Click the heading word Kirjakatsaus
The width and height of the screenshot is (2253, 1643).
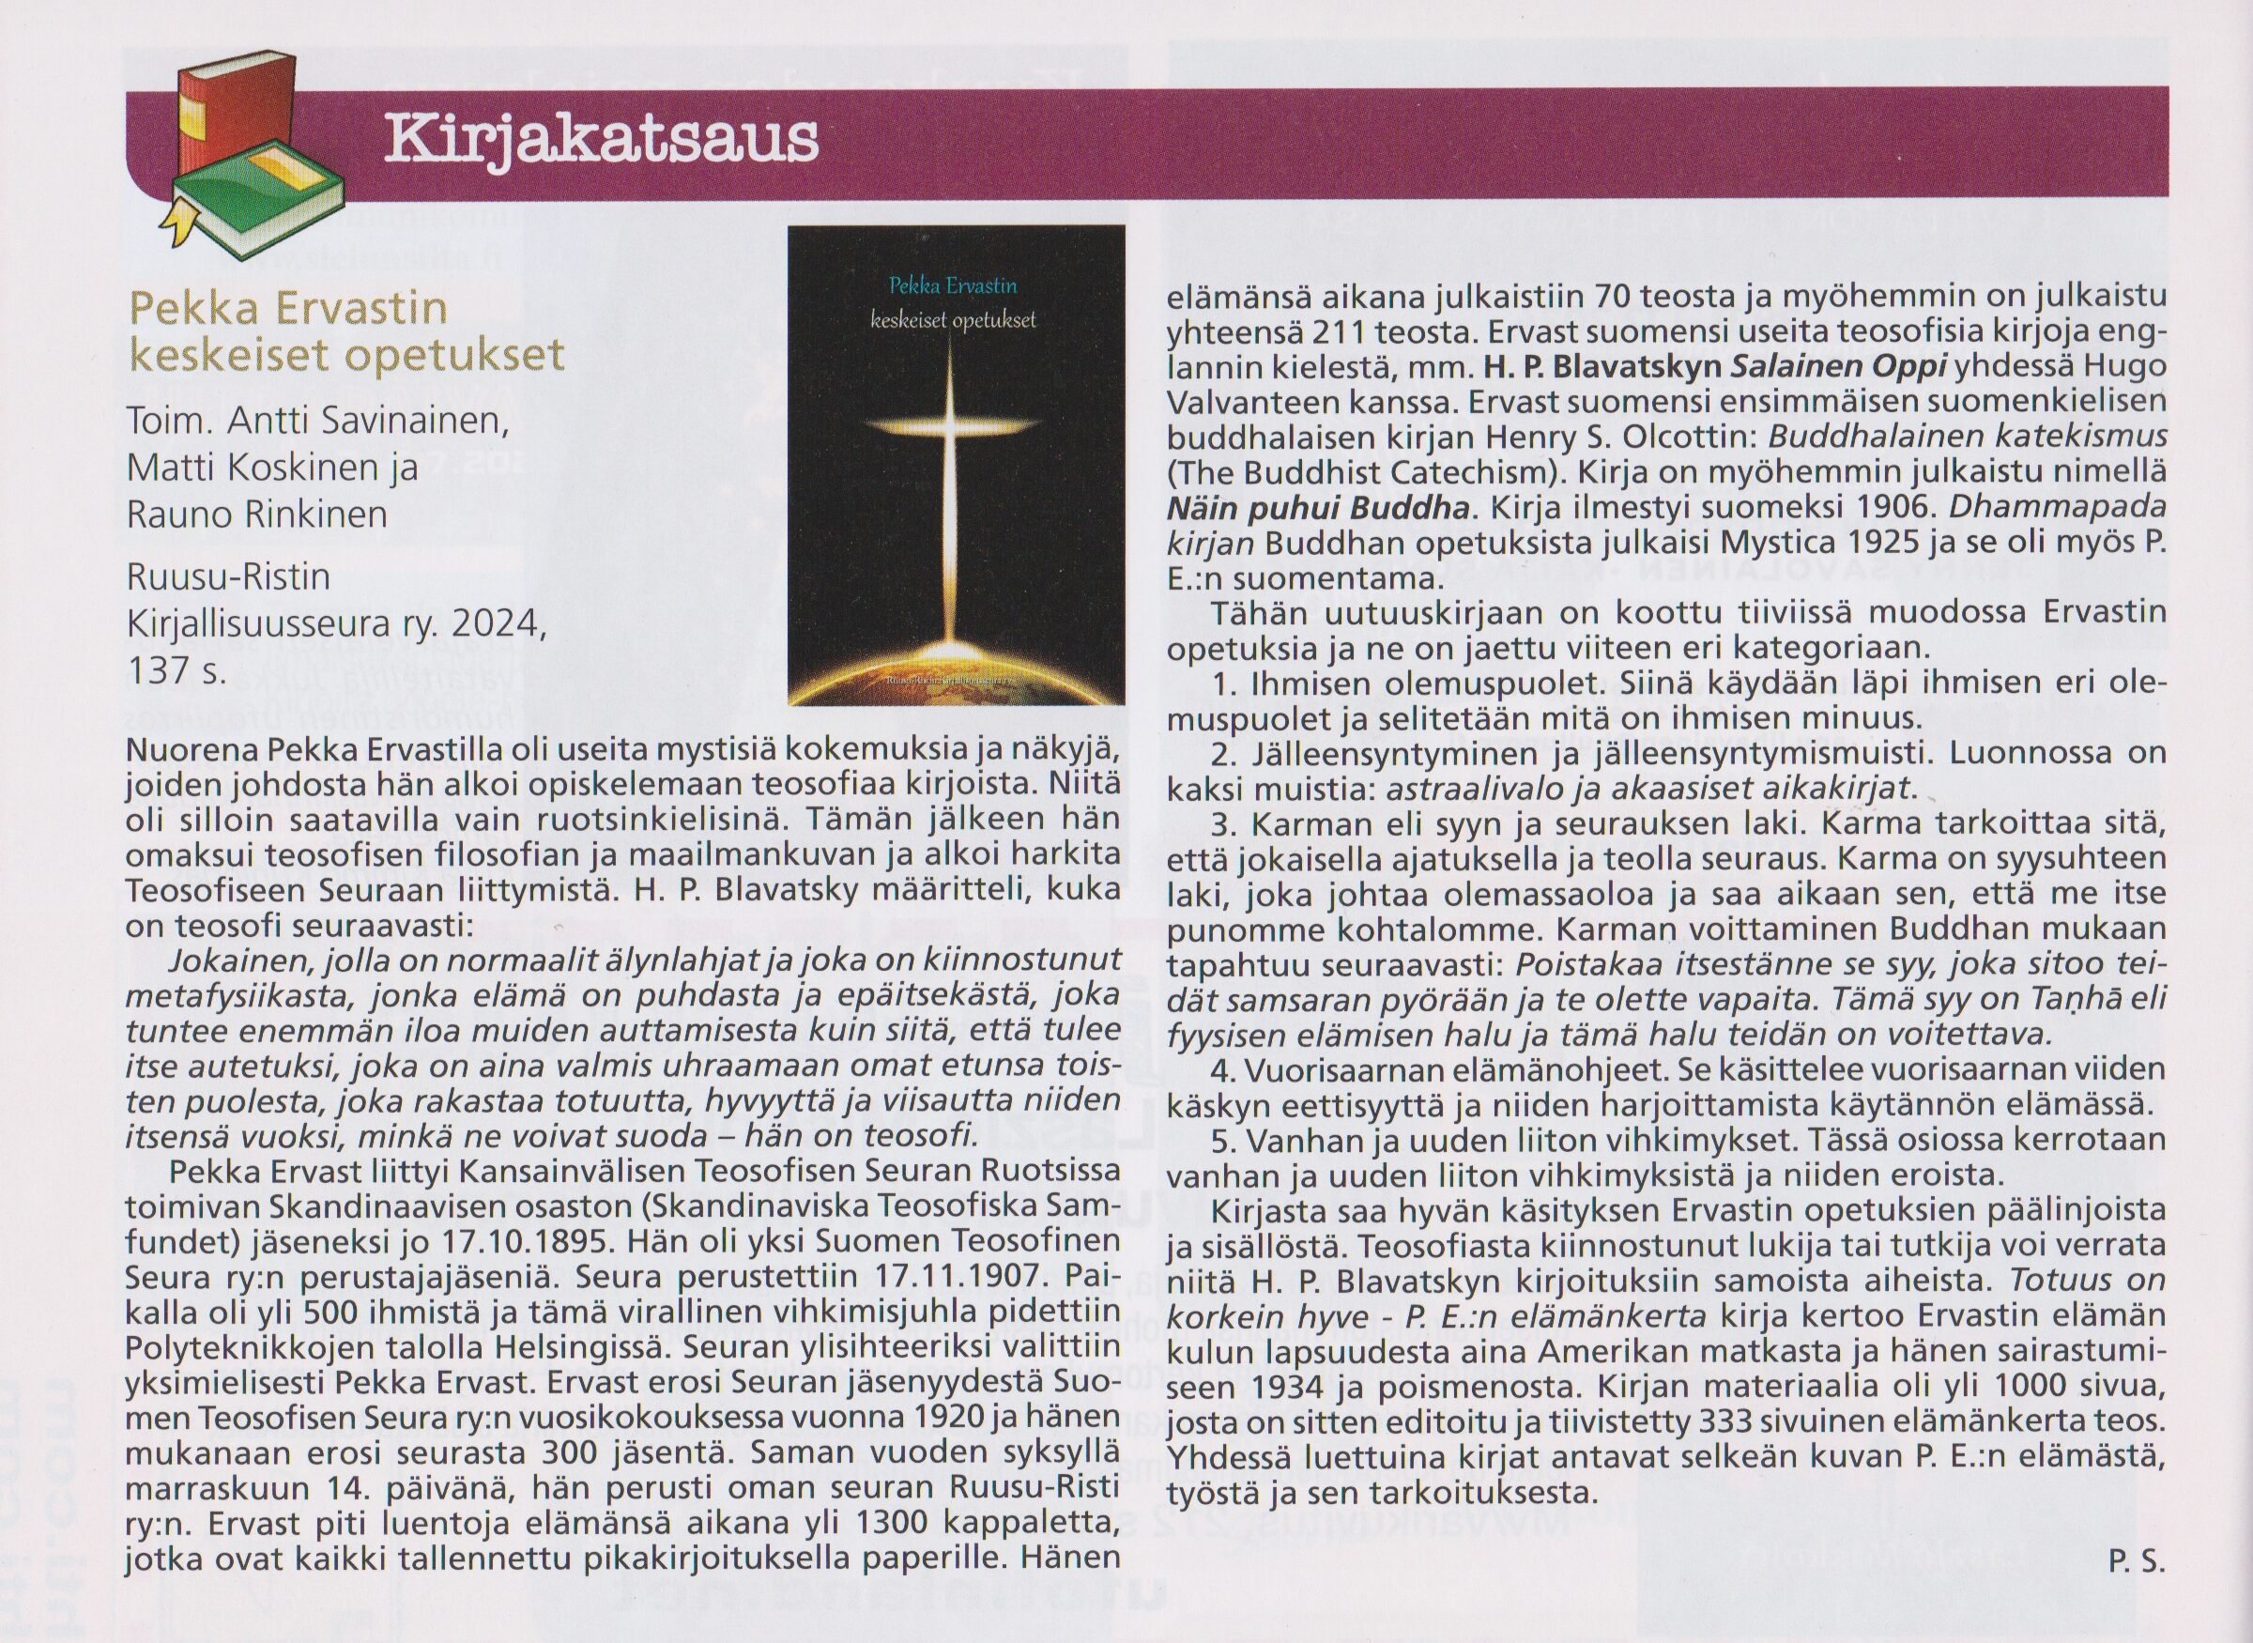pos(601,138)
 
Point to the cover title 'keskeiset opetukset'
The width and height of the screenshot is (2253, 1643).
pos(953,320)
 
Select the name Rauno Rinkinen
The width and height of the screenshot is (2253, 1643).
pos(257,514)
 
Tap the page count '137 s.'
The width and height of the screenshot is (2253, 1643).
pos(178,671)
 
